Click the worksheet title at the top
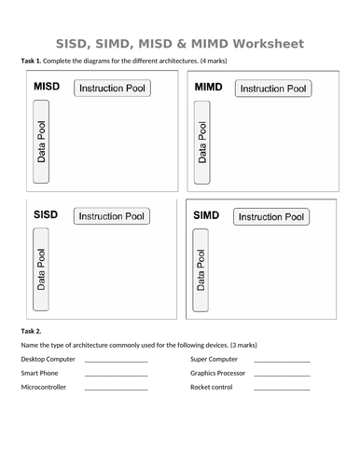tap(180, 44)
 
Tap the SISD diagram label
tap(46, 215)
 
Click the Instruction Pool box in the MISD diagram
tap(112, 89)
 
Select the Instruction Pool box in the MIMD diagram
tap(272, 89)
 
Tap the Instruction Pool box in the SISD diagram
tap(111, 216)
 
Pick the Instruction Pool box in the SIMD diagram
tap(271, 217)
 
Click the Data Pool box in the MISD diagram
tap(41, 141)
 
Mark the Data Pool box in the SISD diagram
tap(41, 268)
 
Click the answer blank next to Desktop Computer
tap(116, 361)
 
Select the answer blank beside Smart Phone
tap(116, 375)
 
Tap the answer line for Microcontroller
tap(116, 389)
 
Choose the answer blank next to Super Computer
tap(282, 361)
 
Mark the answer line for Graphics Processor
tap(282, 375)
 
